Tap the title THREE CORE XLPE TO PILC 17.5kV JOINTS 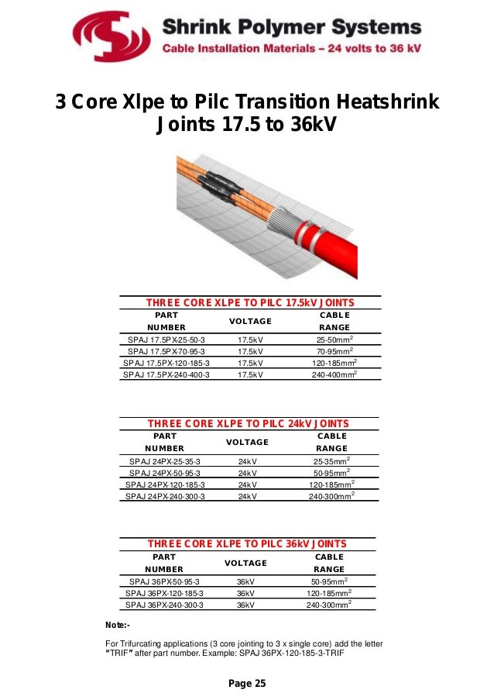coord(250,302)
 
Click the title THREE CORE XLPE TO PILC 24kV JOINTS coord(248,423)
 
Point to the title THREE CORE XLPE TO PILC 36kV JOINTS coord(247,543)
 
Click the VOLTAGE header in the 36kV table coord(246,563)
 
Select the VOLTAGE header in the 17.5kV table coord(250,321)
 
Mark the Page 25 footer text coord(247,683)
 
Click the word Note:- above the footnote coord(117,625)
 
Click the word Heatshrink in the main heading coord(385,102)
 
